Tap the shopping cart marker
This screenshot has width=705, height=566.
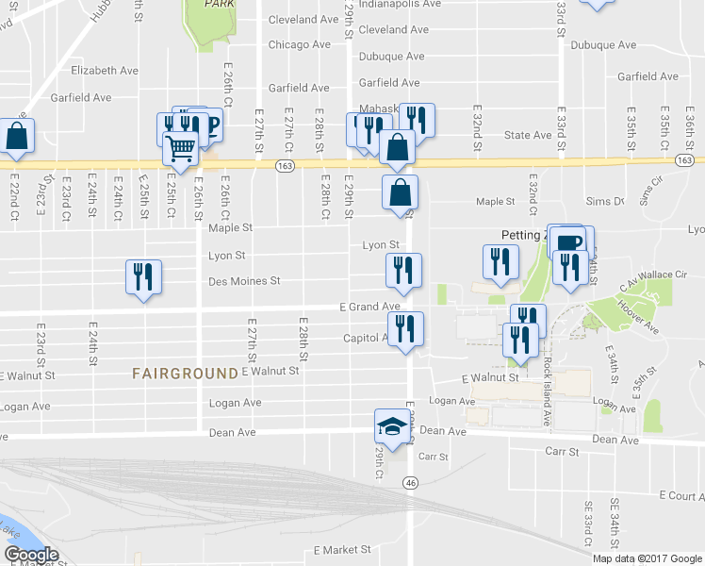click(180, 147)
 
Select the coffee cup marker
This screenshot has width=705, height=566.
click(567, 241)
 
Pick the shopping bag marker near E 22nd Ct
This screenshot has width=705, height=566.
click(17, 136)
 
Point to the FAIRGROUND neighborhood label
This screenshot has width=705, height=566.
click(185, 374)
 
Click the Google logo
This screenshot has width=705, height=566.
click(31, 555)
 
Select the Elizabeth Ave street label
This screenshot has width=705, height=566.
click(105, 71)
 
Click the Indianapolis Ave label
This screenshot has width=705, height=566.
click(400, 4)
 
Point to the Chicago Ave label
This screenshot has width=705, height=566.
click(299, 44)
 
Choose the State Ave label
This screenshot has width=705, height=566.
click(528, 135)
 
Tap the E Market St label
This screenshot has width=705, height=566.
click(343, 549)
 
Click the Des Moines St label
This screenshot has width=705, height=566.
click(244, 281)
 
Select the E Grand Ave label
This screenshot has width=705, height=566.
click(369, 307)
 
